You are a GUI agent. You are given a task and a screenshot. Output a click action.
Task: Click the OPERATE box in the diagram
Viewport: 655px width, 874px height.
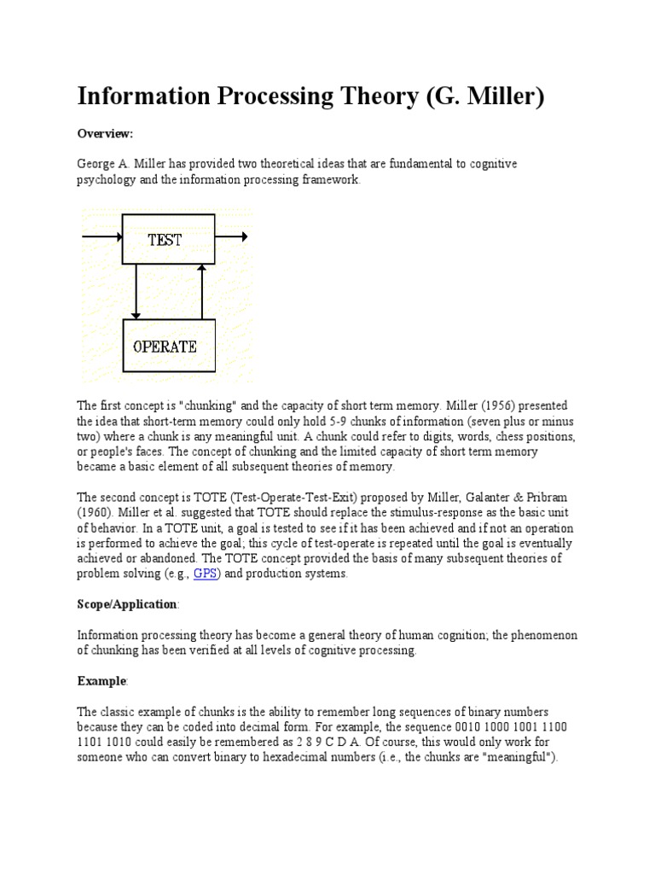coord(165,346)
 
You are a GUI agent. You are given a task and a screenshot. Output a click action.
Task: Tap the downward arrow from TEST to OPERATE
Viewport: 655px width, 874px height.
coord(136,291)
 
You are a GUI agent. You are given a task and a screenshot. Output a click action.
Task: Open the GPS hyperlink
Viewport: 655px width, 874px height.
coord(206,574)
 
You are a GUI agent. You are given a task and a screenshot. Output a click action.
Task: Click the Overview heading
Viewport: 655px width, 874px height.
coord(106,134)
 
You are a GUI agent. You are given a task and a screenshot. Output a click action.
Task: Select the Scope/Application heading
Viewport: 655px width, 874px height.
coord(127,604)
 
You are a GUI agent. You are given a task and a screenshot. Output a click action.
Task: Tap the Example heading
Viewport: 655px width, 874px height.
coord(101,681)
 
